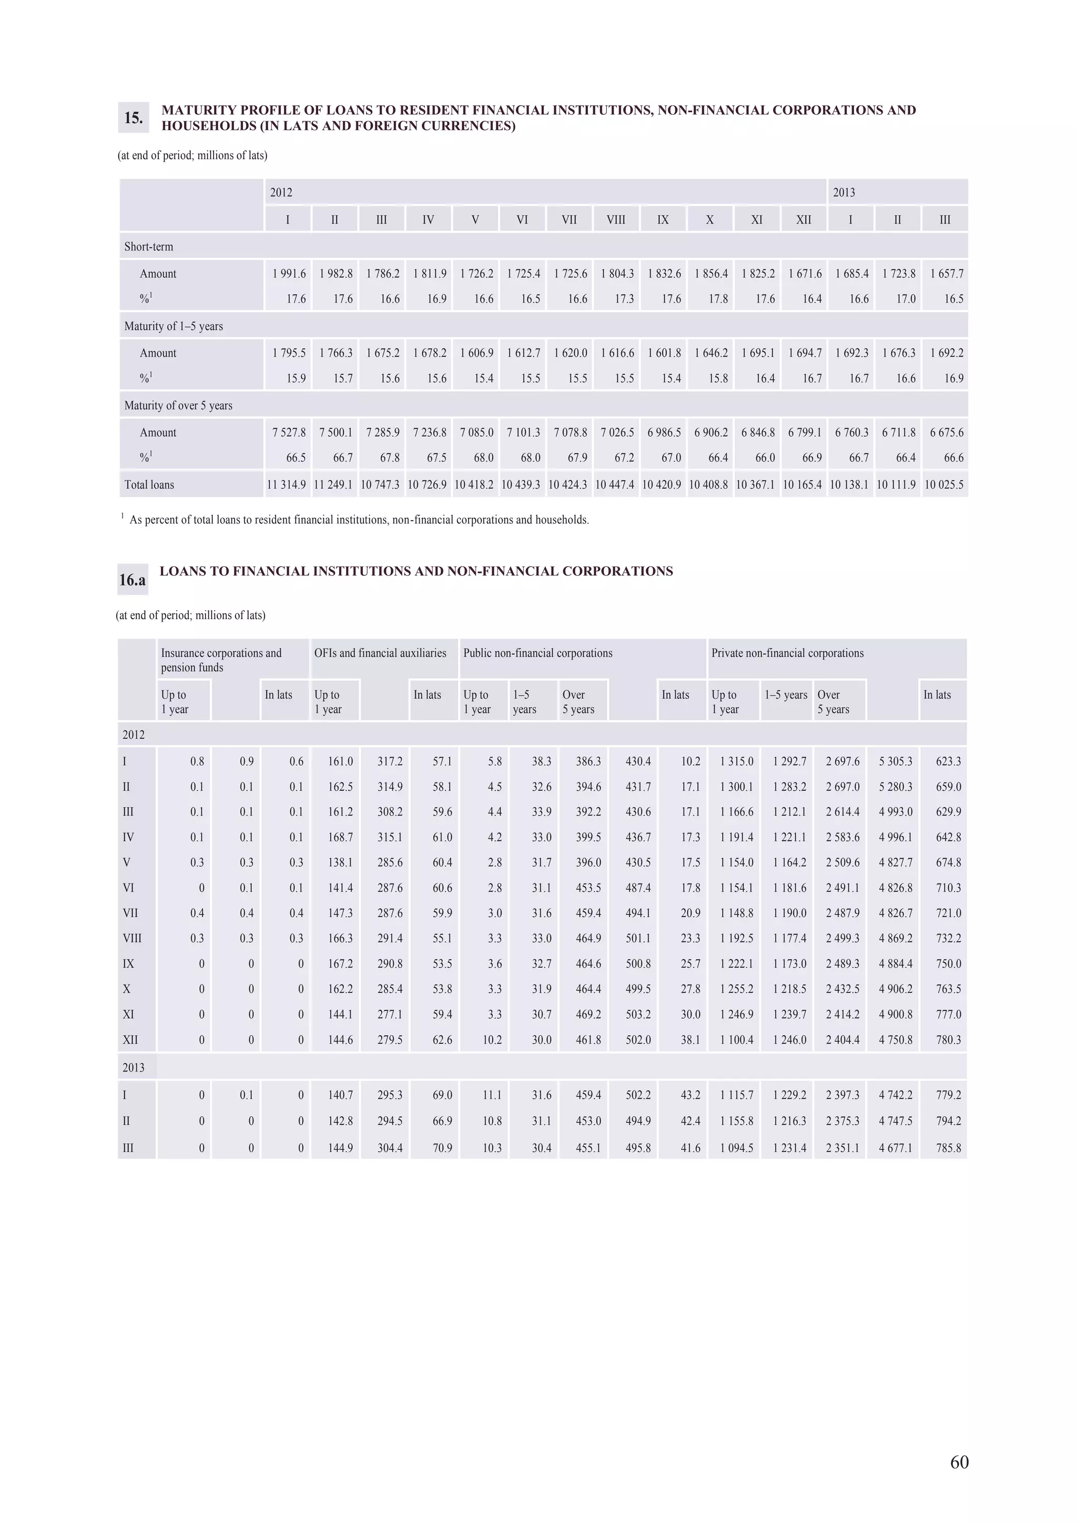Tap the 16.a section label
point(132,580)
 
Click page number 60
point(959,1462)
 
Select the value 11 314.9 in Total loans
point(287,485)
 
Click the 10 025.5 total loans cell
point(943,485)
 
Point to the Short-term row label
point(149,247)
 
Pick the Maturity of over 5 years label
point(178,405)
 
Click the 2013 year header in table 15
point(844,192)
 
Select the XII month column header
point(803,220)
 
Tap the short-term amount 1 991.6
point(289,273)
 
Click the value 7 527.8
point(289,433)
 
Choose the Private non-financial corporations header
point(787,653)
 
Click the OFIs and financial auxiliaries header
point(380,653)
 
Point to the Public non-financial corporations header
point(537,653)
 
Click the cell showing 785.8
point(948,1148)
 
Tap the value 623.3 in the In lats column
point(948,761)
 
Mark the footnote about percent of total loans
point(358,520)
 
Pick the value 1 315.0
point(737,761)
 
